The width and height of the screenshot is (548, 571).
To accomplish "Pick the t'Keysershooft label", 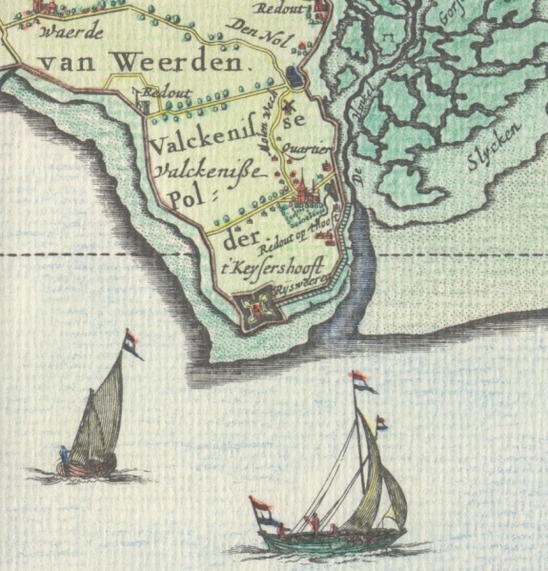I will point(287,268).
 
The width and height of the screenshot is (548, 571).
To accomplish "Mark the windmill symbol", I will point(283,106).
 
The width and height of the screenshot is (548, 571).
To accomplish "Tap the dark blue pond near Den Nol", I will point(294,75).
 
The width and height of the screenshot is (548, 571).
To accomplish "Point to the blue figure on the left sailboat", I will point(65,456).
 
